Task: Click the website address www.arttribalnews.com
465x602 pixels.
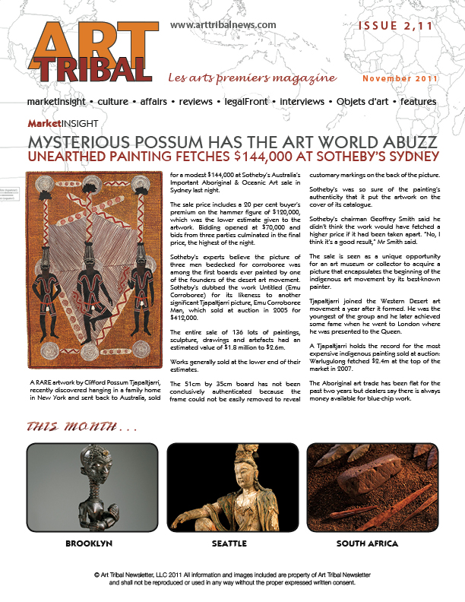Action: click(x=223, y=25)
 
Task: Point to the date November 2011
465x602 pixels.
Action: click(x=399, y=79)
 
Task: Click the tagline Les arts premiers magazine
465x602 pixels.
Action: click(x=252, y=78)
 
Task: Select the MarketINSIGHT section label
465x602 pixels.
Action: click(x=62, y=123)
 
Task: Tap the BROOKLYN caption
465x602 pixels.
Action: click(x=89, y=544)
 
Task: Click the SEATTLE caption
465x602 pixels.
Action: click(x=229, y=544)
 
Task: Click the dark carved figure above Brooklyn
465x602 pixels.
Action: click(x=88, y=486)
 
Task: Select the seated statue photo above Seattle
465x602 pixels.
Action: click(x=229, y=486)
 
